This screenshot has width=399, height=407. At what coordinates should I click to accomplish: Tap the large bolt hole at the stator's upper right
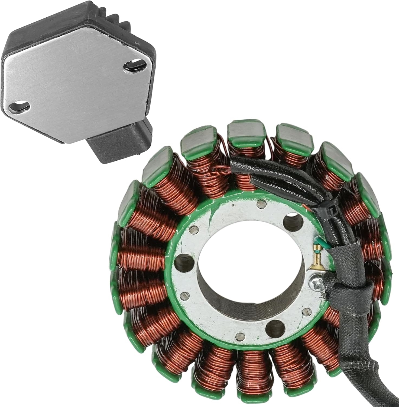coord(294,220)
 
